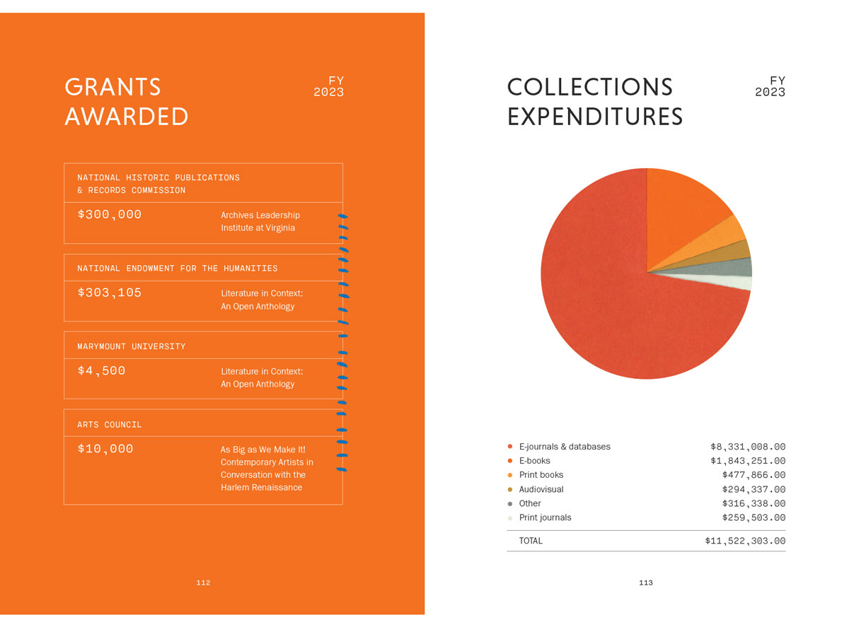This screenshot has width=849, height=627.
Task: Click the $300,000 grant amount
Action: [x=110, y=214]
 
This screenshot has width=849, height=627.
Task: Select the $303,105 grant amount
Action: [x=110, y=292]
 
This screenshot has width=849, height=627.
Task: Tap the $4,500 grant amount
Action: [x=101, y=370]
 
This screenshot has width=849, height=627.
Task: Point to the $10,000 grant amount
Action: [x=105, y=448]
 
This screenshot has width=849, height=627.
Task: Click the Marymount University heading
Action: [x=132, y=346]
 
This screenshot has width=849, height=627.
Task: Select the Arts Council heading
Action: [x=110, y=424]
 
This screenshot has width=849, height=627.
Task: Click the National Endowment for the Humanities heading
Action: [x=178, y=268]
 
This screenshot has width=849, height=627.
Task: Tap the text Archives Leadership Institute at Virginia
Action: [x=260, y=221]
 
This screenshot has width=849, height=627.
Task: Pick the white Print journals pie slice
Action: [x=736, y=282]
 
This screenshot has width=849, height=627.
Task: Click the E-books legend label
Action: [x=535, y=461]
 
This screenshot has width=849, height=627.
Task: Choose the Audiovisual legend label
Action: [x=541, y=489]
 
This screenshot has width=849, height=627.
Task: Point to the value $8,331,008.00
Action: [x=748, y=447]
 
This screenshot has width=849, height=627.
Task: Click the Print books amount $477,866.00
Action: [x=753, y=475]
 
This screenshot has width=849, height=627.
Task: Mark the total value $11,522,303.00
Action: [x=745, y=541]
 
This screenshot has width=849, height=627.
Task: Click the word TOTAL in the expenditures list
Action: [x=531, y=541]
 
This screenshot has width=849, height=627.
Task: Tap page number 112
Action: [x=203, y=582]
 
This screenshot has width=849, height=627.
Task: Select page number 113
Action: [x=645, y=582]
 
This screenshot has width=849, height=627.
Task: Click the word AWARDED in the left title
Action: [x=127, y=117]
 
